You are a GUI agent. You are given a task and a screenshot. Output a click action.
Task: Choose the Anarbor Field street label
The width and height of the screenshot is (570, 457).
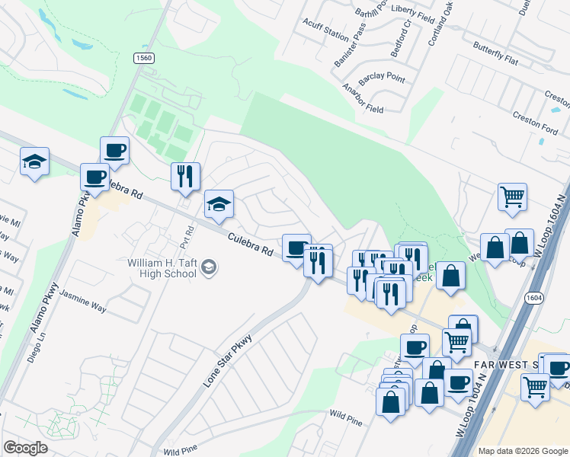pyautogui.click(x=363, y=99)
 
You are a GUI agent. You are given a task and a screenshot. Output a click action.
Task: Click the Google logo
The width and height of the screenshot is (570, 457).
pyautogui.click(x=25, y=448)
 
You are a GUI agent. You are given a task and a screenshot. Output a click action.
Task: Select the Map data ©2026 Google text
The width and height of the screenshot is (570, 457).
pyautogui.click(x=523, y=451)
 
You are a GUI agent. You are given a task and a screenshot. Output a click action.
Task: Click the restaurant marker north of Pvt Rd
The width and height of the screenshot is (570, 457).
pyautogui.click(x=185, y=177)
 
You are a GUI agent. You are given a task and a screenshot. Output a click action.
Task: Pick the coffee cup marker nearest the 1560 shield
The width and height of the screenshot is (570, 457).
pyautogui.click(x=115, y=151)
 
